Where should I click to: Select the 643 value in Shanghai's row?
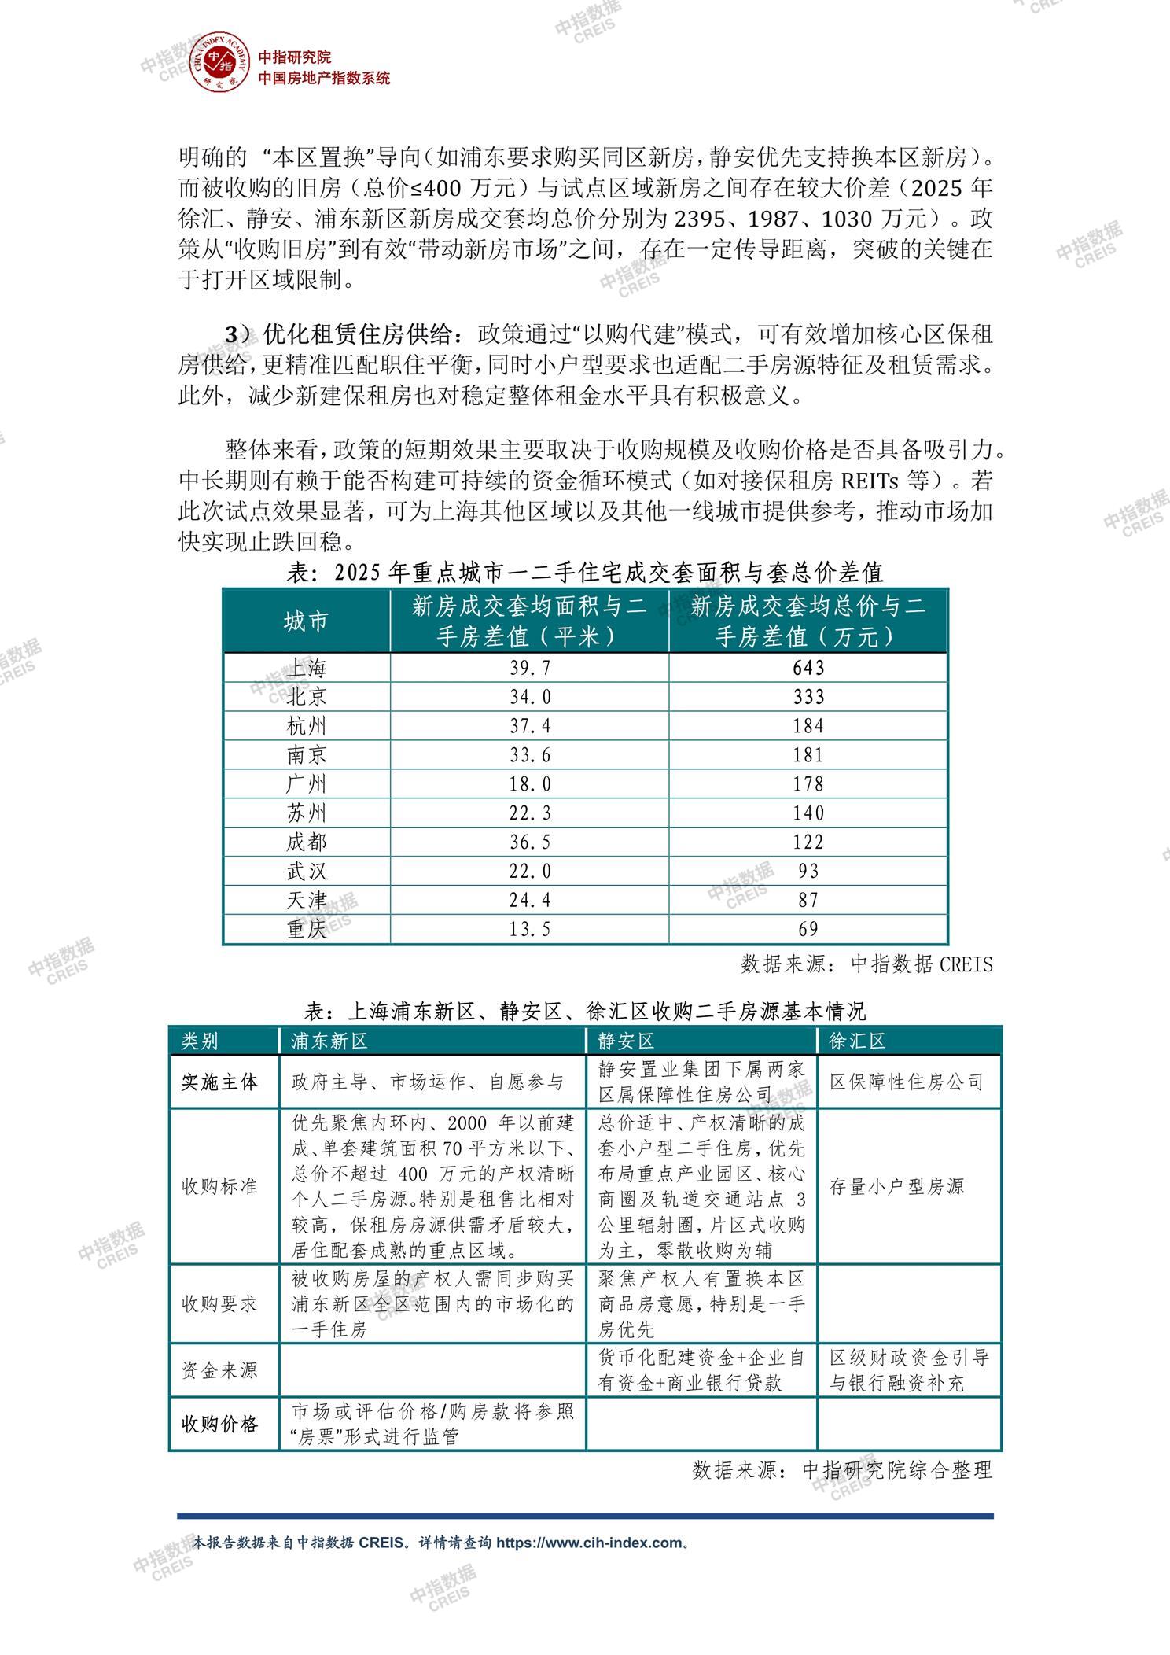(x=808, y=668)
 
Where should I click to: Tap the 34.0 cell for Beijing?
(x=530, y=697)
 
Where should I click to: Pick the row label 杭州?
(x=307, y=726)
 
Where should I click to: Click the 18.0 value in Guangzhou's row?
(x=530, y=784)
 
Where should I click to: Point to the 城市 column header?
(x=307, y=622)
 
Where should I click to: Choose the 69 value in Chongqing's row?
(x=808, y=929)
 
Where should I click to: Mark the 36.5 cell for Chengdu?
(x=530, y=842)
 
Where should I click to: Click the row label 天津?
(x=307, y=900)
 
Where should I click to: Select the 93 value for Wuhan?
(x=808, y=871)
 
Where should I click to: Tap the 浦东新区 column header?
(x=329, y=1041)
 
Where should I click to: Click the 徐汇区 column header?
(x=857, y=1041)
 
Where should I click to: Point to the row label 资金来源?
(x=219, y=1370)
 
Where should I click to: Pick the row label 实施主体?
(x=219, y=1082)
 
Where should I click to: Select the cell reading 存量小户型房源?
(x=896, y=1186)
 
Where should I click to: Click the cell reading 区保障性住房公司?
(x=907, y=1082)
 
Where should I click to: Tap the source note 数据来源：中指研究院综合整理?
(x=842, y=1469)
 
